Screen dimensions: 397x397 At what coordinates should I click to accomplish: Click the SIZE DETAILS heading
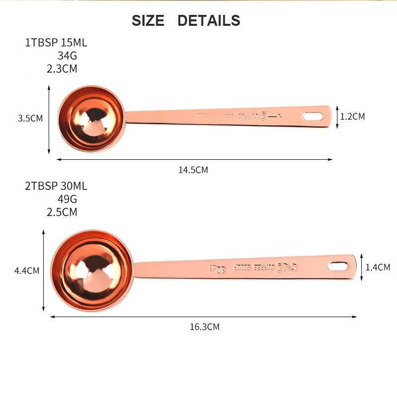[x=186, y=21]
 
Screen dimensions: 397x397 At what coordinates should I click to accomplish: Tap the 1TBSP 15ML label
[x=56, y=43]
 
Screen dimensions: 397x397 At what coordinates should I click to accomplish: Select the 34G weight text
[x=67, y=56]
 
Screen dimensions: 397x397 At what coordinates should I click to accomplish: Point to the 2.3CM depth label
[x=62, y=69]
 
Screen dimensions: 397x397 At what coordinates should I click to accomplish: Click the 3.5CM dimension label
[x=30, y=119]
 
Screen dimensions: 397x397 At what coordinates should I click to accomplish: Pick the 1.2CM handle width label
[x=352, y=117]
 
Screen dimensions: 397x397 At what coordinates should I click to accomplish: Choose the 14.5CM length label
[x=193, y=170]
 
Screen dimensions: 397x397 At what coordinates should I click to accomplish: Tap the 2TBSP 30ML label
[x=56, y=187]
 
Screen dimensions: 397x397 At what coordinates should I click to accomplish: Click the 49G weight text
[x=67, y=199]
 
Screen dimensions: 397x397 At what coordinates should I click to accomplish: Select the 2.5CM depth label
[x=62, y=212]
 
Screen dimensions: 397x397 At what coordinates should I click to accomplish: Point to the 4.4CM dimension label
[x=27, y=271]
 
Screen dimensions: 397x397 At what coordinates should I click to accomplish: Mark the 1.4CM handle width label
[x=378, y=267]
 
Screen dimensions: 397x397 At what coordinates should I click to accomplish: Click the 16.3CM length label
[x=204, y=327]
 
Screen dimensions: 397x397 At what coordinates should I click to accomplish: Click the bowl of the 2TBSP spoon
[x=92, y=271]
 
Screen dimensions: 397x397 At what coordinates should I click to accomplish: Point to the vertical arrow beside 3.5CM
[x=49, y=119]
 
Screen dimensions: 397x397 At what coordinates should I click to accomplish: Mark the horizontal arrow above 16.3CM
[x=203, y=316]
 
